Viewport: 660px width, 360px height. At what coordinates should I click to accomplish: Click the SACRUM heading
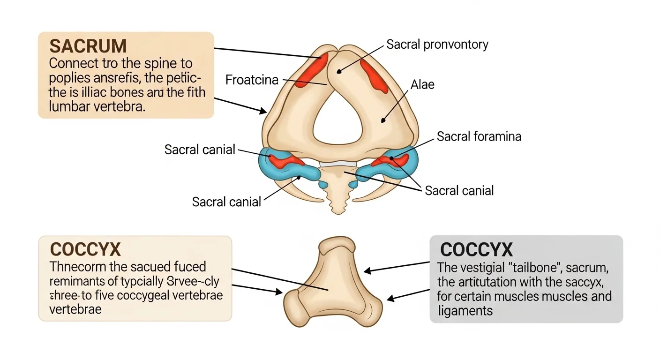click(x=88, y=46)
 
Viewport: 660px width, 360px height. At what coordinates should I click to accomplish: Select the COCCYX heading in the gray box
click(x=477, y=249)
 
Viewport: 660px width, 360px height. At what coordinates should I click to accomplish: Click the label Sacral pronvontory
click(x=437, y=45)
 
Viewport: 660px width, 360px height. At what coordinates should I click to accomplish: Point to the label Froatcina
click(x=252, y=80)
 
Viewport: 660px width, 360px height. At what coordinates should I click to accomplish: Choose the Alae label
click(x=422, y=84)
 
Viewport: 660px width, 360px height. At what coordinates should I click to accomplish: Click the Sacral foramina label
click(x=479, y=136)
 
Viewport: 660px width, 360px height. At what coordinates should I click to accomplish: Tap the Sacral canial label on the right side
click(x=459, y=191)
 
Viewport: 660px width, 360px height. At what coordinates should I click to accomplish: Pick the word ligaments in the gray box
click(x=465, y=310)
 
